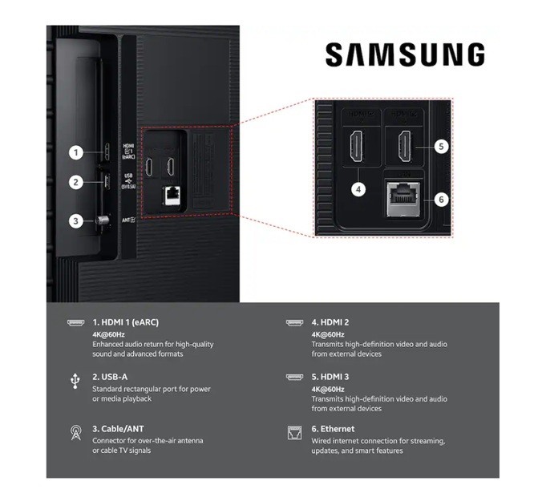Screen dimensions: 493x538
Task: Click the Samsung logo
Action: coord(404,55)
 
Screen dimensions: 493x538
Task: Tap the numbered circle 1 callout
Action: coord(75,152)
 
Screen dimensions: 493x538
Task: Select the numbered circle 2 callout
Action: coord(75,182)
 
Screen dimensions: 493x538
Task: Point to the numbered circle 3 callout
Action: coord(75,220)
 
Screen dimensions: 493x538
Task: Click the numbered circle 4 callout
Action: coord(358,189)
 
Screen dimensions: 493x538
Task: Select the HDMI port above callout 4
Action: coord(357,146)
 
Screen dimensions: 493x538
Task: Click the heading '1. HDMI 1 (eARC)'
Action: coord(125,322)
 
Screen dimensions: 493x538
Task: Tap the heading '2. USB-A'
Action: coord(111,377)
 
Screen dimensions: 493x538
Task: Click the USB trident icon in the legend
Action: coord(75,378)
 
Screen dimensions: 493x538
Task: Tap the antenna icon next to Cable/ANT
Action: coord(75,433)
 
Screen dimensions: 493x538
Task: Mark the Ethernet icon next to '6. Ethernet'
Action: coord(293,433)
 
